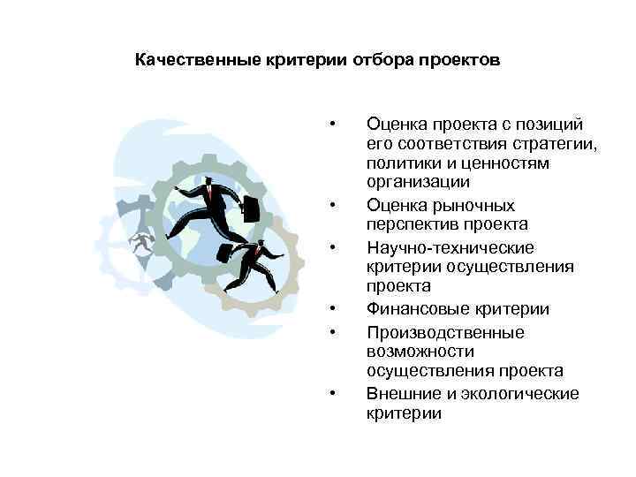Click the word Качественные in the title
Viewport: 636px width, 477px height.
coord(186,61)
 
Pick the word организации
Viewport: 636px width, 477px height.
coord(419,183)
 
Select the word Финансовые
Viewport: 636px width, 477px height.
coord(419,309)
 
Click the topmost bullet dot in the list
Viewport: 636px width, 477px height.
coord(332,123)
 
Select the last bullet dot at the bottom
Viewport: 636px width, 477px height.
coord(332,393)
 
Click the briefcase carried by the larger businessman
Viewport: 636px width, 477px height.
coord(251,209)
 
